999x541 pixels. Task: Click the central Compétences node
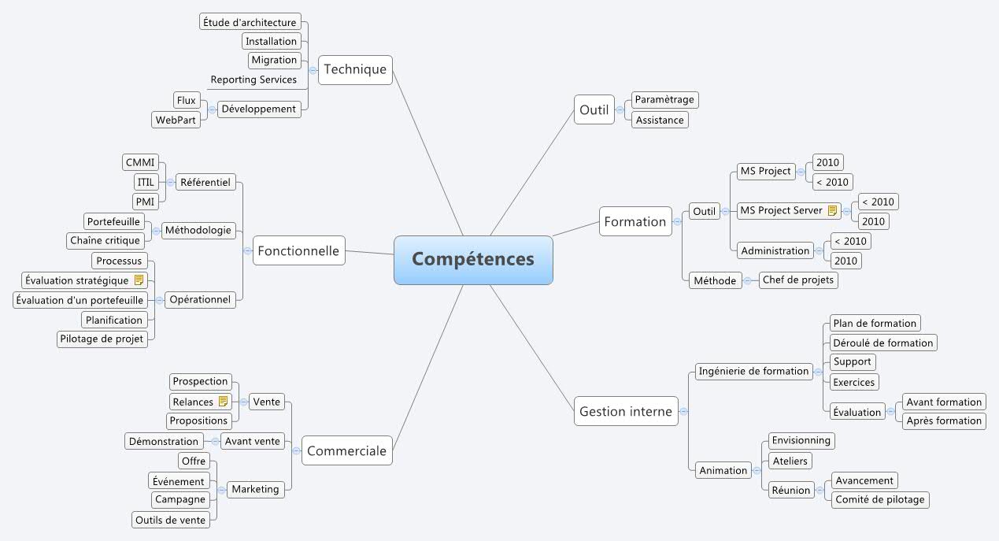coord(473,259)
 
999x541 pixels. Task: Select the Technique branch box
coord(355,69)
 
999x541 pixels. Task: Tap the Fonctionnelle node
coord(299,251)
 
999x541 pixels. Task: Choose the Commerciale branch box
coord(346,451)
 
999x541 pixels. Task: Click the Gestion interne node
coord(626,411)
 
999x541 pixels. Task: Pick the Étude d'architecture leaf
coord(250,22)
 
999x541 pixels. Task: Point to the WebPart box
coord(176,120)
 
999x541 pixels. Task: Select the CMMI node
coord(141,163)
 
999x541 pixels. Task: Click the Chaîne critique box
coord(105,240)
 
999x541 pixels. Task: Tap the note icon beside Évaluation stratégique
coord(139,280)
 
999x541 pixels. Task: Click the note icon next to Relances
coord(223,402)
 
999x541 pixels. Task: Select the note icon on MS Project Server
coord(832,210)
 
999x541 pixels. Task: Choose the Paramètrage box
coord(664,100)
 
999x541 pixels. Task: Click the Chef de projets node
coord(798,280)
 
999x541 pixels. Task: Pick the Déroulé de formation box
coord(882,343)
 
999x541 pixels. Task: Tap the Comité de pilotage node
coord(880,499)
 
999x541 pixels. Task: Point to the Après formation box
coord(944,421)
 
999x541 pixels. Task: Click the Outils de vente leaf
coord(171,520)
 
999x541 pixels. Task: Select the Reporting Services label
coord(253,80)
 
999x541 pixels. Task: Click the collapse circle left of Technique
coord(313,69)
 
